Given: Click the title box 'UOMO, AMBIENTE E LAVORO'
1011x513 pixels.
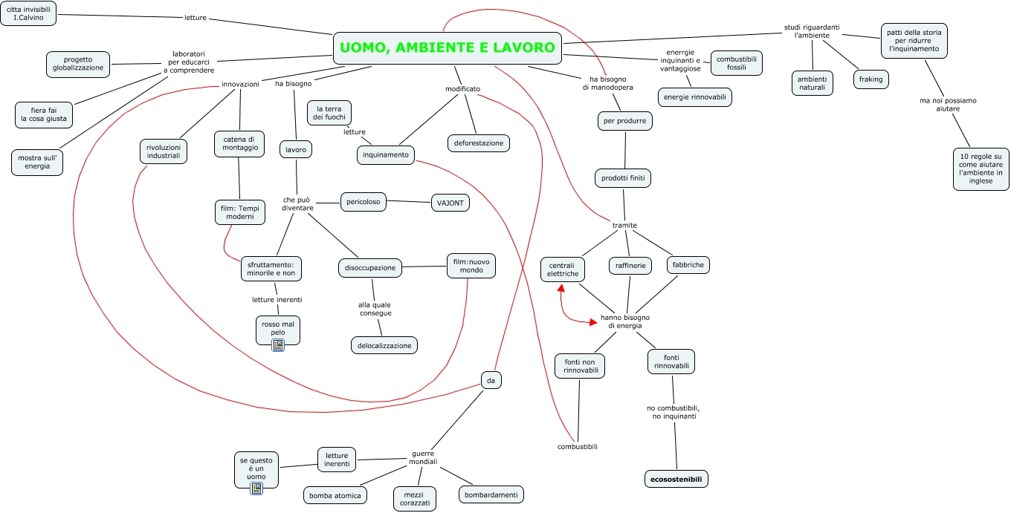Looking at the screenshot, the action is (448, 48).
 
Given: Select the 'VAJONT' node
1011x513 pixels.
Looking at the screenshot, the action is (450, 203).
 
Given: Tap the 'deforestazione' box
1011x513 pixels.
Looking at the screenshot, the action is (479, 143).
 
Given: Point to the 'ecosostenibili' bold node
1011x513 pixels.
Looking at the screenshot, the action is (676, 479).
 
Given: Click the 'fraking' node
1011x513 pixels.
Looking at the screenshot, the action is (871, 79).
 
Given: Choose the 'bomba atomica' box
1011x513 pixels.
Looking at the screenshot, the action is (335, 495).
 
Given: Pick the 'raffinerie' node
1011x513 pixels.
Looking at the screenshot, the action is (630, 266).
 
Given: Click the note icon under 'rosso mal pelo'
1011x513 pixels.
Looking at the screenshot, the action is (278, 345).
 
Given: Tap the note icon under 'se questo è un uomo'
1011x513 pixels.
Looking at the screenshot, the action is (256, 489).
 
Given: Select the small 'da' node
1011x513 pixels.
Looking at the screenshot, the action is (491, 380).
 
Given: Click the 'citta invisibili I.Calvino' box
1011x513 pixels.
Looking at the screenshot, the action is (28, 13).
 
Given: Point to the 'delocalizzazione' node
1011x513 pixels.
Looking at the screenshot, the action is (384, 346).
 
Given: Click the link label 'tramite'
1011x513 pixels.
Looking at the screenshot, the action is (624, 226).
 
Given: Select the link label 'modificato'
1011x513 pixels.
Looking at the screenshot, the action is (462, 89).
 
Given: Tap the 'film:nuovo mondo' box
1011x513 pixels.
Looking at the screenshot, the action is (471, 266).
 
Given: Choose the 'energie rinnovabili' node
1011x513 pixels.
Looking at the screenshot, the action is (695, 97).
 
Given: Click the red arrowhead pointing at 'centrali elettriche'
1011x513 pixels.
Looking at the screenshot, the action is (561, 287).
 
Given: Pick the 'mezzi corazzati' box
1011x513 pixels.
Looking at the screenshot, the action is (415, 499).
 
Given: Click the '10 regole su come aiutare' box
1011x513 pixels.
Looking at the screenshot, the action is (981, 169).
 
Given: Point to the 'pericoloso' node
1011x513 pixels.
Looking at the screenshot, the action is (364, 202).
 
